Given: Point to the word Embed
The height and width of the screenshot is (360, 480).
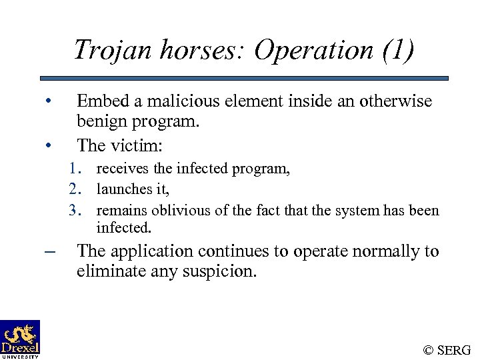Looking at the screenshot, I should click(x=99, y=101).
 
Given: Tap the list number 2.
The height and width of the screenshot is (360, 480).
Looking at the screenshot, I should click(x=75, y=190).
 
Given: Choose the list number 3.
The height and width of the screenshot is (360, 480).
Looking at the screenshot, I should click(x=75, y=211).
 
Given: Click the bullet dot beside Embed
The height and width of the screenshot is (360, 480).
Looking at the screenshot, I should click(x=48, y=102).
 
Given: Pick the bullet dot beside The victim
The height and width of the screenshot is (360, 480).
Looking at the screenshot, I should click(x=48, y=145).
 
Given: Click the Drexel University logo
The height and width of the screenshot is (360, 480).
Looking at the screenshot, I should click(x=20, y=339).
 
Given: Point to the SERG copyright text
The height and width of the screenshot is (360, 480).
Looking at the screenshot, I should click(x=447, y=349).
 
